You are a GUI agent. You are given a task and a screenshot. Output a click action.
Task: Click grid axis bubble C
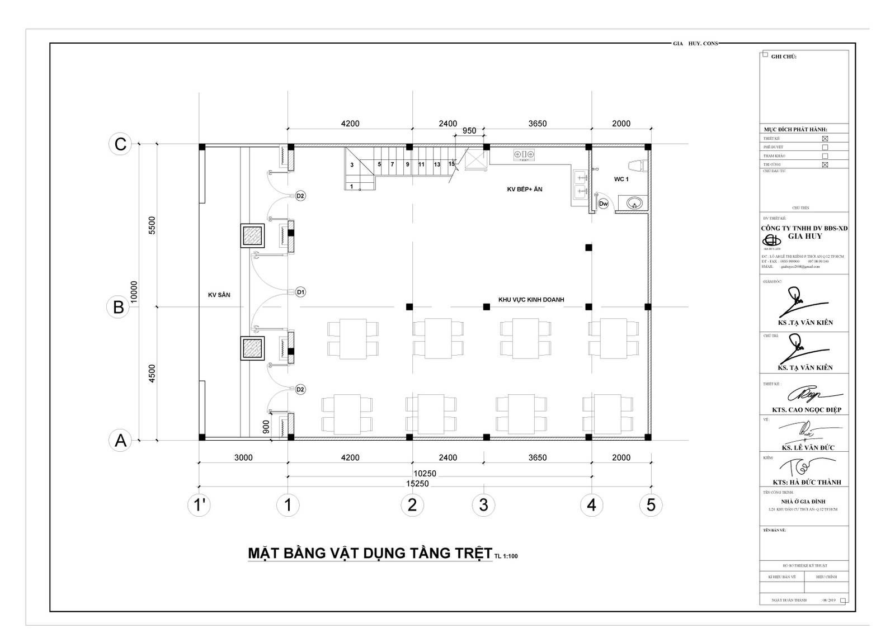tap(120, 144)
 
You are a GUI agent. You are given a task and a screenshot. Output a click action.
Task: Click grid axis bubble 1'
tap(199, 505)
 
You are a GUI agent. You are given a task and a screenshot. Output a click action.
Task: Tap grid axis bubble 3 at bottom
tap(483, 505)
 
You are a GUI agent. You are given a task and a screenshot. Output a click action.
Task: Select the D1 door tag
tap(300, 292)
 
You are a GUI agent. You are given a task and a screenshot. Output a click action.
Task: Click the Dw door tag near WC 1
tap(603, 204)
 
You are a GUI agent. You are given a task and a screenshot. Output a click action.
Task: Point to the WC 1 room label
tap(621, 179)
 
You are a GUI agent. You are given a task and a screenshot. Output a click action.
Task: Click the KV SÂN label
tap(219, 295)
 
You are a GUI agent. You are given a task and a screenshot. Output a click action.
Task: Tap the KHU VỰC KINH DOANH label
tap(531, 300)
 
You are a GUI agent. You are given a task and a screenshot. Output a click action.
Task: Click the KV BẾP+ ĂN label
tap(524, 190)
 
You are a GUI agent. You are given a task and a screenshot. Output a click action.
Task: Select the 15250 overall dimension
tap(417, 484)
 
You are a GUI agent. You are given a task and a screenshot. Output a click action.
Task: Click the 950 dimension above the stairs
tap(469, 131)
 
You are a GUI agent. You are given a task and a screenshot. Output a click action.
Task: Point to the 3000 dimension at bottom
tap(243, 457)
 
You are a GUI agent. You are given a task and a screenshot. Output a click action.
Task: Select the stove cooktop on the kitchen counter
tap(524, 154)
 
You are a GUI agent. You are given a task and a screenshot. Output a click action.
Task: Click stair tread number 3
tap(352, 165)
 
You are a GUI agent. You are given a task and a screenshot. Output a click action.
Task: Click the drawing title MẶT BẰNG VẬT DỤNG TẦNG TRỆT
tap(370, 553)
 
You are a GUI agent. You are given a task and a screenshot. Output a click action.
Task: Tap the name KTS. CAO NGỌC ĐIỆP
tap(807, 410)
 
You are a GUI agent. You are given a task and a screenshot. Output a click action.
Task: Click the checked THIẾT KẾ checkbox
tap(825, 139)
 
